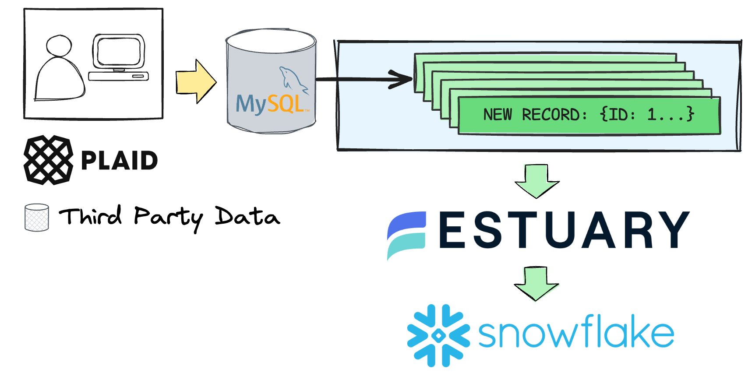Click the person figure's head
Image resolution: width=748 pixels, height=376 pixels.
(x=59, y=46)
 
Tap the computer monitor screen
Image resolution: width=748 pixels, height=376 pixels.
(x=118, y=51)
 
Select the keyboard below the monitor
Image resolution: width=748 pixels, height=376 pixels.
(x=118, y=76)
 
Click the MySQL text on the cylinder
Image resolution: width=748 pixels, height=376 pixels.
(x=270, y=104)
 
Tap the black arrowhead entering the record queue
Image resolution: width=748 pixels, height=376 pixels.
(x=401, y=79)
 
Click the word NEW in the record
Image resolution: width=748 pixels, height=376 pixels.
(x=497, y=115)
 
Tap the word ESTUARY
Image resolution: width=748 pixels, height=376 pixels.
(x=564, y=230)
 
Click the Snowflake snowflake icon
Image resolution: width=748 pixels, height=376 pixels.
(x=438, y=335)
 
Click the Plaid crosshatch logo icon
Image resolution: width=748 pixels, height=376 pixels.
(x=48, y=160)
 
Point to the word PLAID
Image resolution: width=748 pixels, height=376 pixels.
(x=119, y=161)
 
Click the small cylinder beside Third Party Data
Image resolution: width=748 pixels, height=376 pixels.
(x=37, y=217)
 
